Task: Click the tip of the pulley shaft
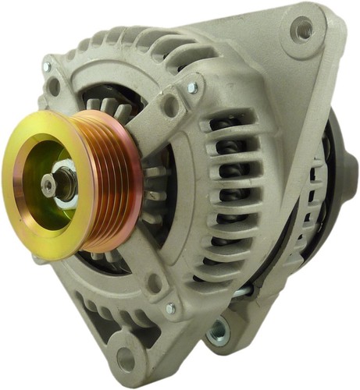pyautogui.click(x=49, y=184)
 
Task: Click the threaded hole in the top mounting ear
pyautogui.click(x=302, y=29)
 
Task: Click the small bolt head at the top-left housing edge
pyautogui.click(x=46, y=67)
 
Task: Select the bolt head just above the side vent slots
pyautogui.click(x=192, y=87)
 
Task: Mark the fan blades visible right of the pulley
pyautogui.click(x=152, y=195)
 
